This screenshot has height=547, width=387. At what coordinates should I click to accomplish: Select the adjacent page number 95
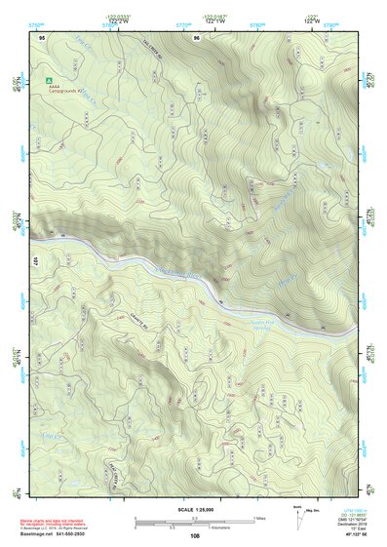(x=42, y=37)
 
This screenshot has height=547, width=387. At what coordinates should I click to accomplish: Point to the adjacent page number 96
(x=197, y=37)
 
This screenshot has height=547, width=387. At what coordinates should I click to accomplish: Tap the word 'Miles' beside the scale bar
(x=258, y=518)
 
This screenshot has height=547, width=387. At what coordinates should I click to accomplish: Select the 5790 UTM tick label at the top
(x=331, y=21)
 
